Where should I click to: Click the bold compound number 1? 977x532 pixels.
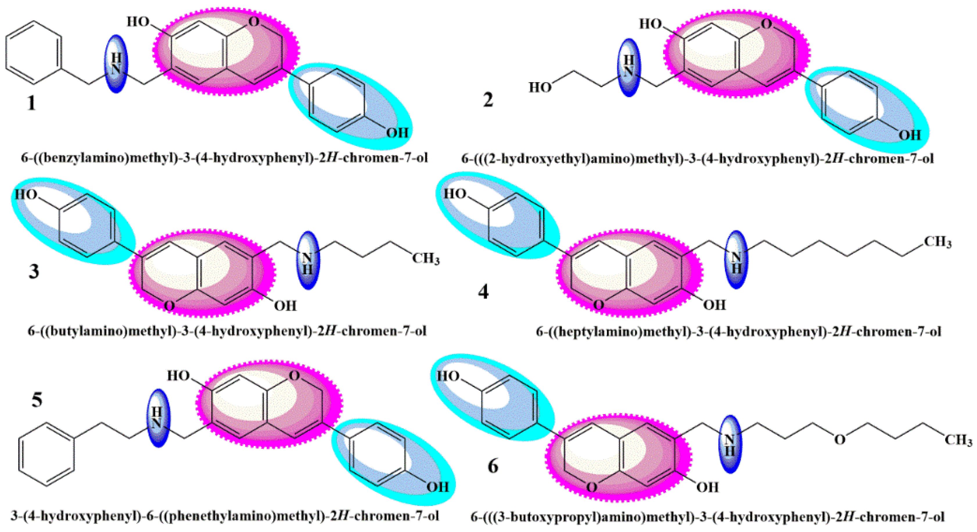pos(31,103)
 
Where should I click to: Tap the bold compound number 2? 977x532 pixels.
pos(488,99)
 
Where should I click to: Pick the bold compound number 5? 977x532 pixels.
pos(37,400)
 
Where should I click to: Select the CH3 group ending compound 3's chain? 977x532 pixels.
pos(425,259)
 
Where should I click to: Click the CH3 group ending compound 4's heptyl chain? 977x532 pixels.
pos(937,242)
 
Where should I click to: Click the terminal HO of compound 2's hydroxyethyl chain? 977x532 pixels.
pos(540,88)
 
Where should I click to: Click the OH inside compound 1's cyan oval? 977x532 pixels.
pos(397,133)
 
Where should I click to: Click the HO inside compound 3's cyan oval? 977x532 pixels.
pos(26,195)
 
